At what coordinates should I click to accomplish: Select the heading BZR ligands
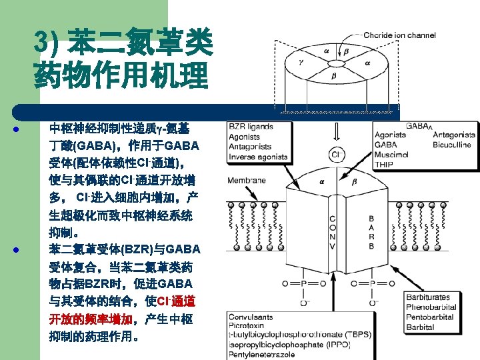point(251,126)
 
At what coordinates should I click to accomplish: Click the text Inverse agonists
point(259,157)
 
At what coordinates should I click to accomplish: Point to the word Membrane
point(247,180)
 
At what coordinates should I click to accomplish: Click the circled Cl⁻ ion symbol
point(337,155)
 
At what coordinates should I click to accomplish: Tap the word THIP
point(384,165)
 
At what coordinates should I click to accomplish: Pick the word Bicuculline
point(451,145)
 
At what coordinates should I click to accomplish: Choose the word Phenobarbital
point(431,307)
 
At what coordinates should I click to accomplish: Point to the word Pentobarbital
point(430,317)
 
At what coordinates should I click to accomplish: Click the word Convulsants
point(251,317)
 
